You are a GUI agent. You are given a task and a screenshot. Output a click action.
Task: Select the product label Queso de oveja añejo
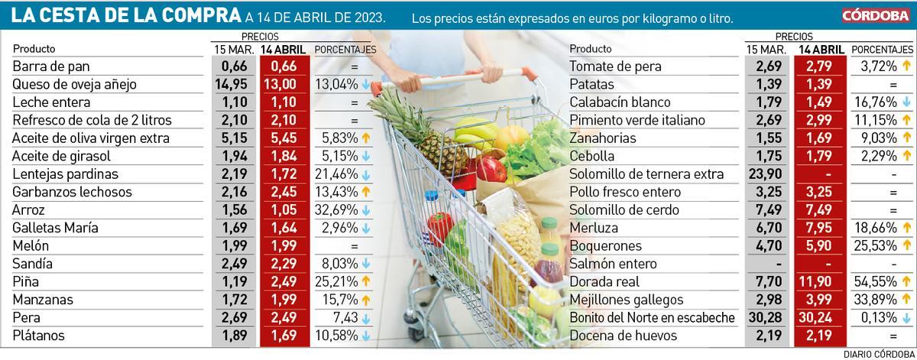coord(74,85)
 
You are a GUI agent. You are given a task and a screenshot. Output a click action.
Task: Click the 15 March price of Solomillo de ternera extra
coord(769,174)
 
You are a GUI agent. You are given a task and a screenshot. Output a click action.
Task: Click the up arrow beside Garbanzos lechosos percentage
coord(366,192)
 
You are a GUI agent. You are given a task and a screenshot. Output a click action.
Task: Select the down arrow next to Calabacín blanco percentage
coord(908,102)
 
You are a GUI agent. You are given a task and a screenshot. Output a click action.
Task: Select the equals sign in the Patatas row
coord(893,85)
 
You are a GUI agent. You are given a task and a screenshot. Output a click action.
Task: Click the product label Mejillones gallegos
coord(624,300)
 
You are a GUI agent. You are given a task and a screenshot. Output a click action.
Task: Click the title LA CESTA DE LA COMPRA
coord(122,15)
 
